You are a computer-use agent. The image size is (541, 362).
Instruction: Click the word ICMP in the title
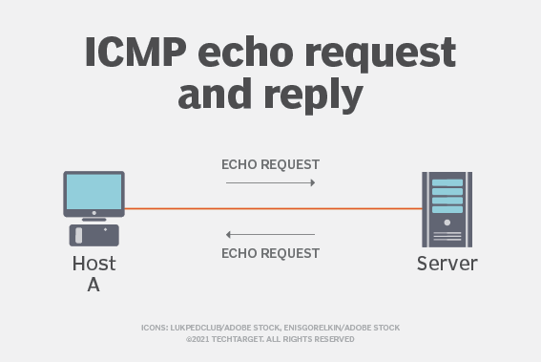tap(135, 52)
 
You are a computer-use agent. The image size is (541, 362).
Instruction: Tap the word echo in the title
tap(245, 52)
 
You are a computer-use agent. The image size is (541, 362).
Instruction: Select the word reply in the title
tap(313, 95)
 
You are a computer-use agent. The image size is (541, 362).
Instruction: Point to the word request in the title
tap(381, 53)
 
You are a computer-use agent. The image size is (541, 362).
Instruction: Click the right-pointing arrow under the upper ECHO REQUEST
tap(271, 182)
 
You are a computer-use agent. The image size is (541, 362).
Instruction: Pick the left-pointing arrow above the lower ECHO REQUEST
tap(271, 235)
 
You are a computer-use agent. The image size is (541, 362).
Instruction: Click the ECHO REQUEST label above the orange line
tap(271, 165)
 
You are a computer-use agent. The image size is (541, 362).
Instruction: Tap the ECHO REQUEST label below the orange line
tap(271, 253)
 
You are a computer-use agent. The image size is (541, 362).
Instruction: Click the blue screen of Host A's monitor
tap(94, 192)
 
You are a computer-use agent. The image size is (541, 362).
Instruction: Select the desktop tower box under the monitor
tap(94, 235)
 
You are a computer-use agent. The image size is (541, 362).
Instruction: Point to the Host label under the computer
tap(94, 264)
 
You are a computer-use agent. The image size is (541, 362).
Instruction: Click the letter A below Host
tap(94, 285)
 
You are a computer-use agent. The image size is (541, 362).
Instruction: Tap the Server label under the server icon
tap(447, 264)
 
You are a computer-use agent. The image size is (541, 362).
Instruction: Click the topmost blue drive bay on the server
tap(447, 182)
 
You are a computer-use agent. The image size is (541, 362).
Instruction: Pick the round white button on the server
tap(447, 223)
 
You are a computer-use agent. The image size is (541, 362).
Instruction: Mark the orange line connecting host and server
tap(273, 208)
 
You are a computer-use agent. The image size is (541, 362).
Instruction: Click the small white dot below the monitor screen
tap(94, 213)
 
